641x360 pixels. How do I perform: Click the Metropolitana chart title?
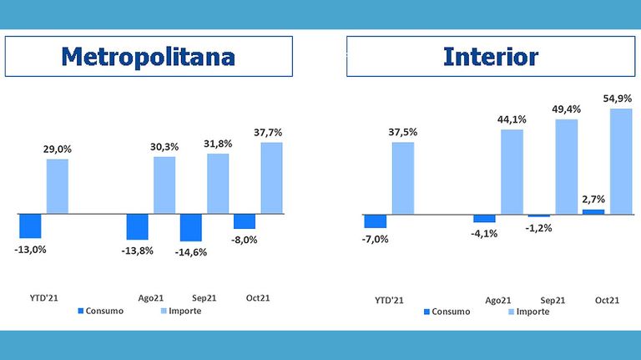pyautogui.click(x=148, y=57)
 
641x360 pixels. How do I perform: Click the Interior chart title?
pyautogui.click(x=491, y=57)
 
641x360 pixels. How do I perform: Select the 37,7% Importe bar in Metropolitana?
pyautogui.click(x=271, y=178)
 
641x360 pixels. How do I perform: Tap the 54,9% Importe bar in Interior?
pyautogui.click(x=621, y=161)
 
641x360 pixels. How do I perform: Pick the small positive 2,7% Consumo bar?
pyautogui.click(x=593, y=211)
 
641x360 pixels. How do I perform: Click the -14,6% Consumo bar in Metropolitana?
pyautogui.click(x=191, y=227)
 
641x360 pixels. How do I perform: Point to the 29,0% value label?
pyautogui.click(x=58, y=150)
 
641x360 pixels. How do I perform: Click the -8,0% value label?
pyautogui.click(x=244, y=240)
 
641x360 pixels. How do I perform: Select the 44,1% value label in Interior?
pyautogui.click(x=512, y=119)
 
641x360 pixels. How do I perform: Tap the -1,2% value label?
pyautogui.click(x=538, y=228)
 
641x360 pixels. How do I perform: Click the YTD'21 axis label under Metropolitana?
pyautogui.click(x=43, y=298)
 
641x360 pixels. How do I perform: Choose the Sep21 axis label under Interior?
pyautogui.click(x=553, y=300)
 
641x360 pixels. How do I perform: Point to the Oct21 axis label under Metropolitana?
pyautogui.click(x=258, y=298)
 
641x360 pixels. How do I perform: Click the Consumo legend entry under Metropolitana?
pyautogui.click(x=100, y=311)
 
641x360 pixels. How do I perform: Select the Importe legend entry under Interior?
pyautogui.click(x=528, y=312)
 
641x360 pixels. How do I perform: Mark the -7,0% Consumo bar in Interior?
pyautogui.click(x=376, y=221)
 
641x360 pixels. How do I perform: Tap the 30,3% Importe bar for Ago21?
pyautogui.click(x=164, y=185)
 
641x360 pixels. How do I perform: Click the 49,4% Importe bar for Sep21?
pyautogui.click(x=566, y=166)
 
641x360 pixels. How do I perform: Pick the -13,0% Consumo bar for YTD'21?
pyautogui.click(x=30, y=226)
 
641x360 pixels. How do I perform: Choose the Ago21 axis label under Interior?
pyautogui.click(x=498, y=300)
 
